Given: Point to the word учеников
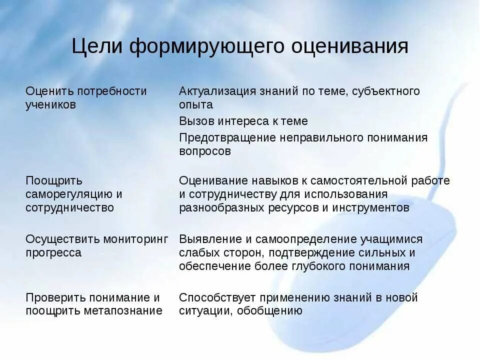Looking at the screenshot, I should click(x=51, y=104).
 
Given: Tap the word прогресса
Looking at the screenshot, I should click(x=53, y=252).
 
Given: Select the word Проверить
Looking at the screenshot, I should click(x=55, y=297).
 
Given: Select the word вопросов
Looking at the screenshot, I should click(x=205, y=151).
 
